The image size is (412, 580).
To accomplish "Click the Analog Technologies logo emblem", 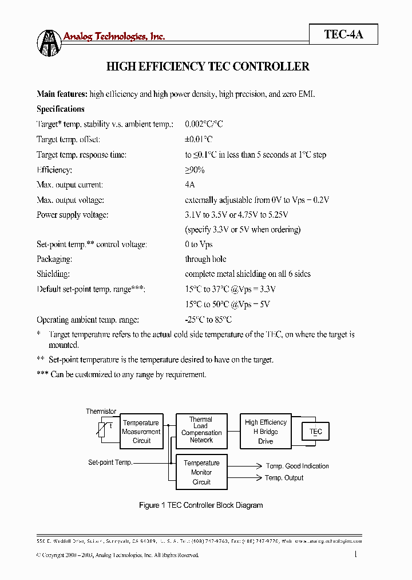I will click(x=49, y=42).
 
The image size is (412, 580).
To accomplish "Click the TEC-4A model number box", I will click(x=343, y=34).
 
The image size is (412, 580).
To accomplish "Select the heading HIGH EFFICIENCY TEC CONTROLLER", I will click(x=208, y=66).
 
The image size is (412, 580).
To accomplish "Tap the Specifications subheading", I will click(x=60, y=109).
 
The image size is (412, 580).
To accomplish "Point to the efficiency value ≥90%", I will click(x=195, y=170).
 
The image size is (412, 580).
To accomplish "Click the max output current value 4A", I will click(x=190, y=185).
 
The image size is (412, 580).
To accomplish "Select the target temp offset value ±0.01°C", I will click(x=199, y=139).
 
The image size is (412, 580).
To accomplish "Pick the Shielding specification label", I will click(x=53, y=274).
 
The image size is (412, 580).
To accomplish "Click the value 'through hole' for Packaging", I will click(x=205, y=259).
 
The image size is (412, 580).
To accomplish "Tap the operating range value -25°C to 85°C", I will click(x=208, y=320).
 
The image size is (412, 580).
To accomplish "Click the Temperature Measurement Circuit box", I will click(x=141, y=432).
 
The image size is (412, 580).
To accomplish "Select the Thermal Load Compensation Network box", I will click(x=201, y=430).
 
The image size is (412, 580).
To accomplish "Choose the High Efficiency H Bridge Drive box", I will click(x=266, y=432).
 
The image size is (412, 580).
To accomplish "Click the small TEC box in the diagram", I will click(x=316, y=432).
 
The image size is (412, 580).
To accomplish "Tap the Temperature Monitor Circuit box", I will click(x=201, y=472).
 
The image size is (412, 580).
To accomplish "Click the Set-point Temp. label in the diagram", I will click(x=110, y=463).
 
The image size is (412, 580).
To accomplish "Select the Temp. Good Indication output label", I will click(x=297, y=466).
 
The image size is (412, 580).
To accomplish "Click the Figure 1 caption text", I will click(x=201, y=505).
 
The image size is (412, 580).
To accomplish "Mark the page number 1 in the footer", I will click(x=356, y=554).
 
